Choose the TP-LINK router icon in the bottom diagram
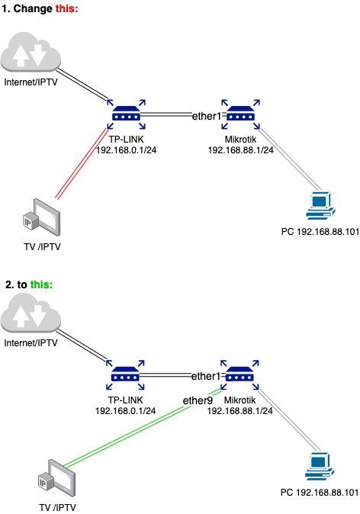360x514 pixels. pos(125,375)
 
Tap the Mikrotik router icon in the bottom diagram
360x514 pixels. pos(239,375)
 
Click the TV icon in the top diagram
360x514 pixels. pos(42,217)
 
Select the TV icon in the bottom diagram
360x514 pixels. pos(58,478)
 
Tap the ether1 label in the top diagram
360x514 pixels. pos(205,115)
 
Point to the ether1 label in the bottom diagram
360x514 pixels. pos(205,376)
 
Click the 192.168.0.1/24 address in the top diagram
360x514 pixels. pos(126,150)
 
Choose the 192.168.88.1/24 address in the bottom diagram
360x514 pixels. pos(240,411)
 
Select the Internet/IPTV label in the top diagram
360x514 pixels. pos(33,81)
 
